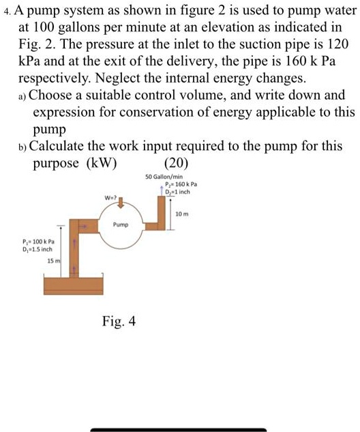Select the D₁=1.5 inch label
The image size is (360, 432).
pyautogui.click(x=42, y=249)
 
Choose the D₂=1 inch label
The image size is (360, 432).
pyautogui.click(x=179, y=192)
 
